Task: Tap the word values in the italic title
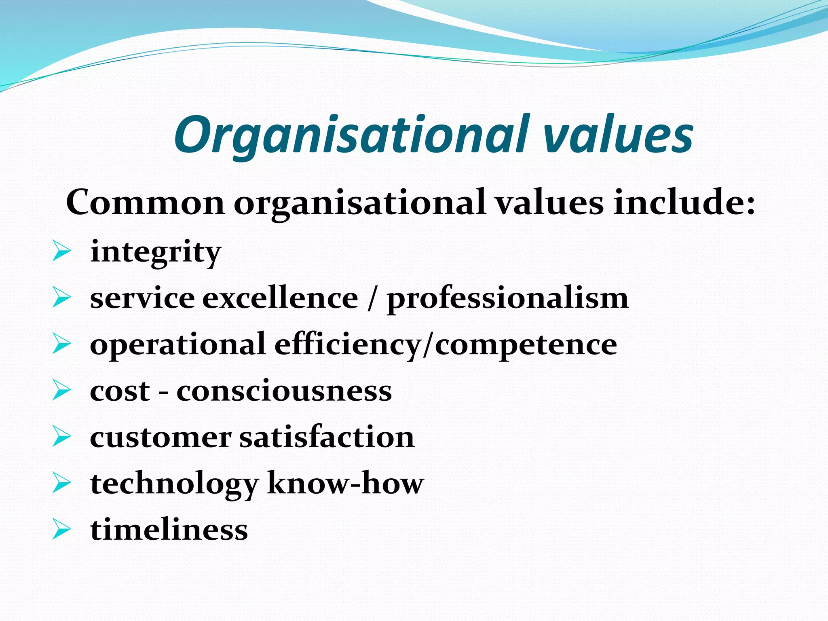click(618, 135)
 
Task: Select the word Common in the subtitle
click(145, 202)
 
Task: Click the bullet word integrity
click(156, 252)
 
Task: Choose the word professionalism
click(508, 298)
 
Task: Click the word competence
click(526, 344)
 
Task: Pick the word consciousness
click(284, 391)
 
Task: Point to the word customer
click(161, 437)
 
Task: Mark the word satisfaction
click(327, 437)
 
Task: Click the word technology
click(174, 484)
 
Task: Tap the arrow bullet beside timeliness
click(61, 530)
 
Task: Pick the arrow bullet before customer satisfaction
click(61, 437)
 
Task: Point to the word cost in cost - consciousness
click(120, 391)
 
